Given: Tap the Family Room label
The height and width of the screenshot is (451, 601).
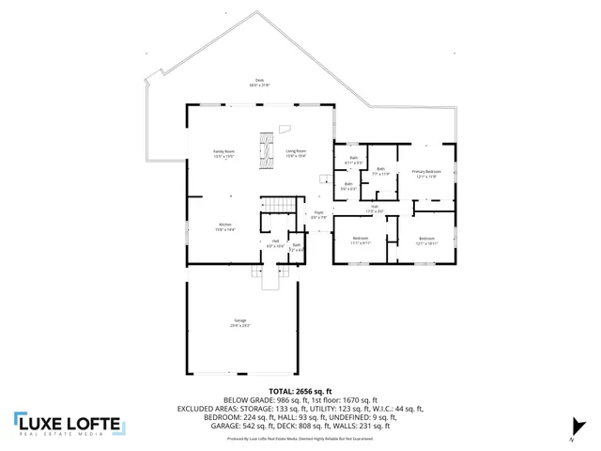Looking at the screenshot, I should [223, 154].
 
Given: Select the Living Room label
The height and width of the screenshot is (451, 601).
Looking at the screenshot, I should [296, 154].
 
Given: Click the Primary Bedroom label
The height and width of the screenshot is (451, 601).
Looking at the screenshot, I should [426, 174].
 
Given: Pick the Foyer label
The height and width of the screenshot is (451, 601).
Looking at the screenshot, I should [318, 215].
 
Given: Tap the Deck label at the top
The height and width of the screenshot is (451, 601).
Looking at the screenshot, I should [259, 83].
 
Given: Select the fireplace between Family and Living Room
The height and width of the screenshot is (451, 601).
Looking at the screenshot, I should [265, 150].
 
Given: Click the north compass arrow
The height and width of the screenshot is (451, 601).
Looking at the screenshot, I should [578, 428].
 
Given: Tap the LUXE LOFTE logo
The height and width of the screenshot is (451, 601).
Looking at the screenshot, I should [68, 424].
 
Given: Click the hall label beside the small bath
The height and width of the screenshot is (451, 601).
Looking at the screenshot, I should [276, 243].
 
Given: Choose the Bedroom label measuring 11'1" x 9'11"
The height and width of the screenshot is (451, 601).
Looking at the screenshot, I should [361, 241].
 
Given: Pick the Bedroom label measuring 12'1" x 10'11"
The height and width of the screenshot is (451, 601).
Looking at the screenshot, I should [426, 241].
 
